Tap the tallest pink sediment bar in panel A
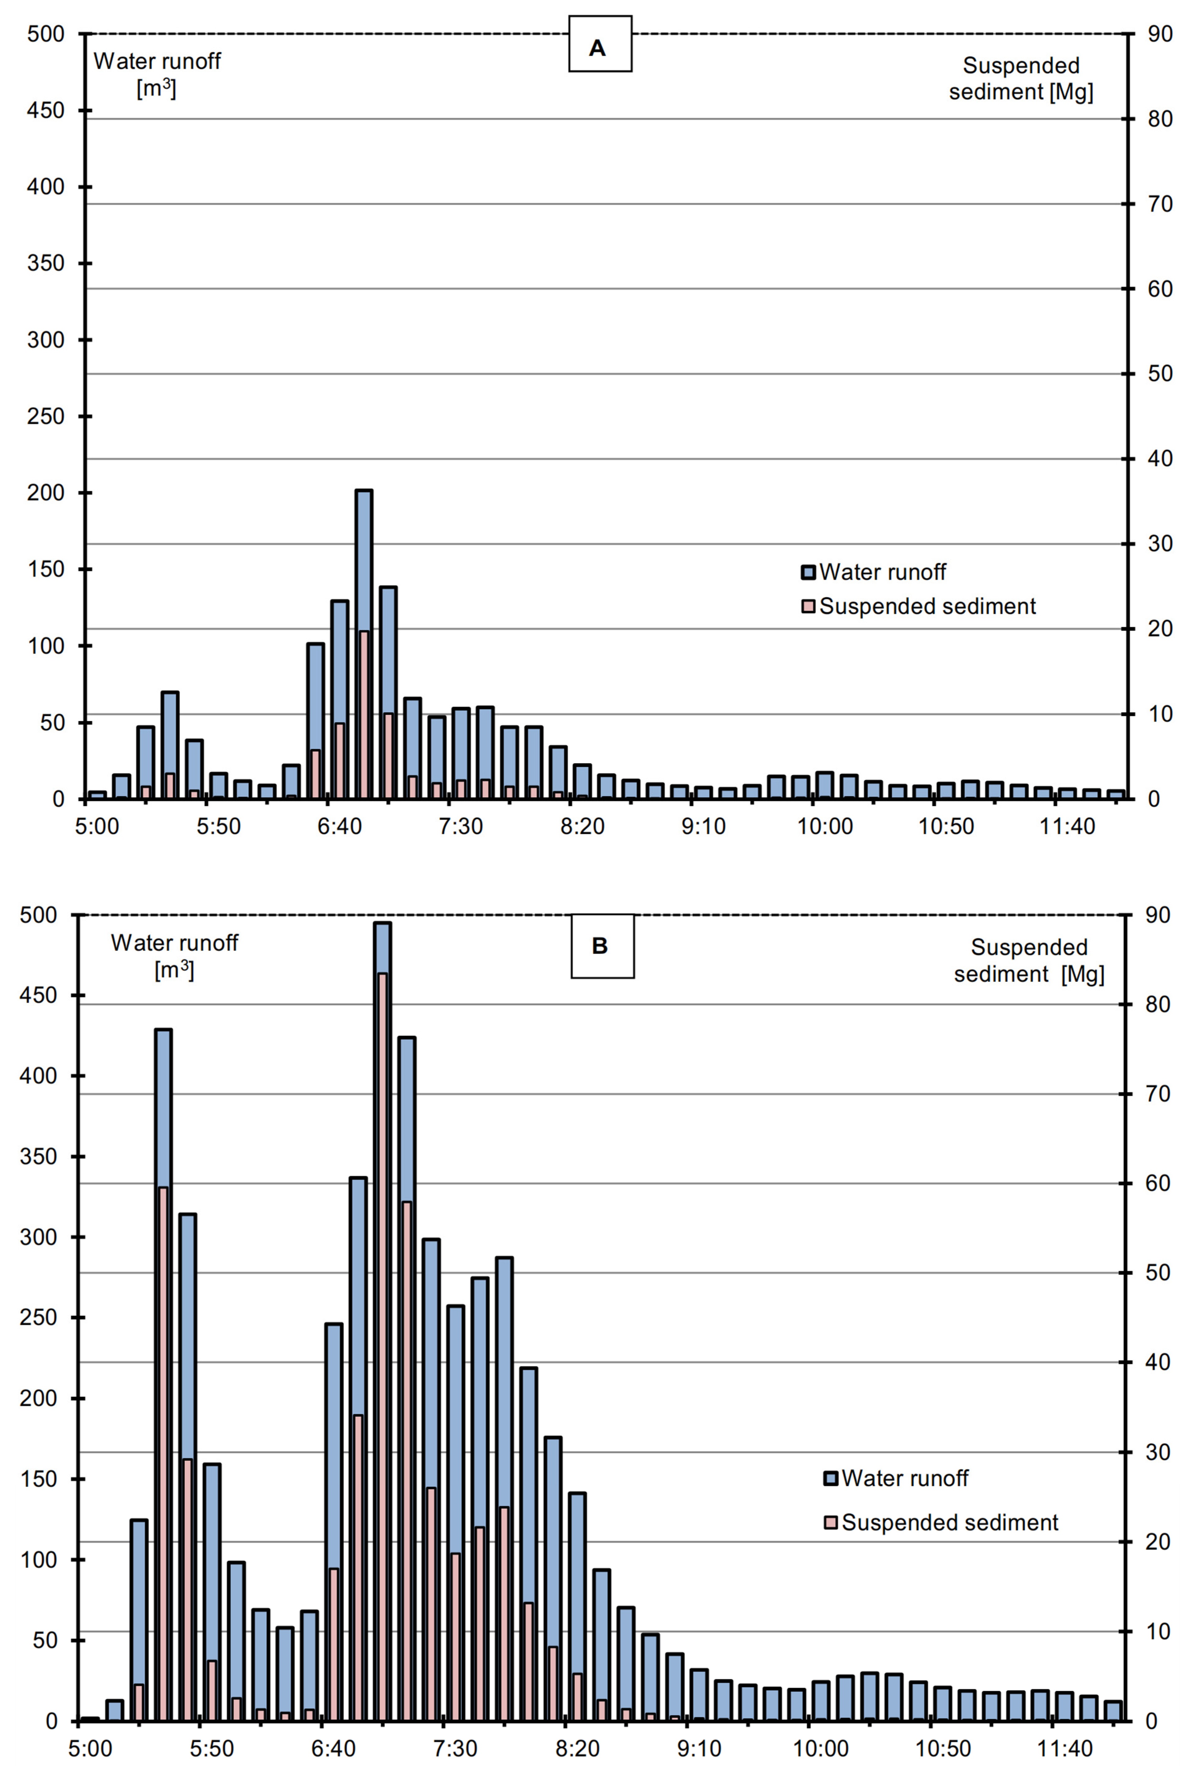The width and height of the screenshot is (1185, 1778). [x=364, y=714]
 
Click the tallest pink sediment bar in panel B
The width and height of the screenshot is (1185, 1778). [x=382, y=1345]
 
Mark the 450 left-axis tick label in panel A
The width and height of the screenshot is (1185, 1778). [x=46, y=110]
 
